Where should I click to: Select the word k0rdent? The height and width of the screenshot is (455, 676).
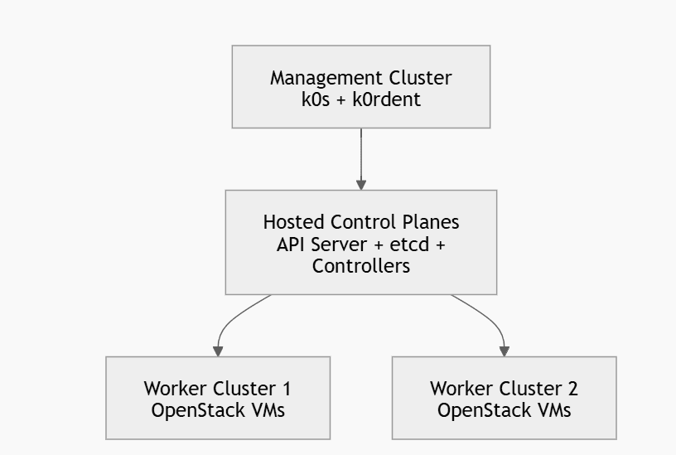click(x=392, y=99)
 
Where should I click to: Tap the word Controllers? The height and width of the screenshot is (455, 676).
click(x=360, y=266)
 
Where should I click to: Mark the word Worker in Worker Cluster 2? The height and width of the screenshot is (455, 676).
click(x=460, y=389)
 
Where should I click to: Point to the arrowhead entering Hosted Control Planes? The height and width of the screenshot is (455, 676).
click(x=361, y=185)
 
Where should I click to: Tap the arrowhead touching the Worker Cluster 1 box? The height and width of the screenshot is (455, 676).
click(x=219, y=351)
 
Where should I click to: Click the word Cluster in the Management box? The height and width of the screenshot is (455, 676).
click(x=420, y=79)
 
